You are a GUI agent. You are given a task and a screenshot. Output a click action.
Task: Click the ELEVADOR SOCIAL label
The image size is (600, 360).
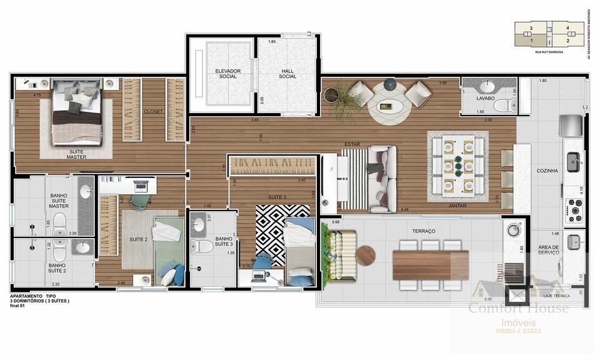point(227,74)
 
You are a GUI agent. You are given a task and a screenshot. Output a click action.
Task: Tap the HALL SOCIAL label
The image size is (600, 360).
point(287,74)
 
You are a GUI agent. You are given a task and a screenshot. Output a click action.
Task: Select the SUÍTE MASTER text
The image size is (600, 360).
point(76,154)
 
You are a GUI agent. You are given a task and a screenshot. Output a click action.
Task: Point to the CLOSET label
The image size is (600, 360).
point(153,112)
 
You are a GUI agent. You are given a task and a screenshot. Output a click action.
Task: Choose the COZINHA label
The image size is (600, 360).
point(547,171)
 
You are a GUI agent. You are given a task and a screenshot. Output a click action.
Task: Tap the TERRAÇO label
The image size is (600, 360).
point(424,231)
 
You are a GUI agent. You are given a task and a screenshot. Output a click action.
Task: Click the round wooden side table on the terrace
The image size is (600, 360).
point(366,255)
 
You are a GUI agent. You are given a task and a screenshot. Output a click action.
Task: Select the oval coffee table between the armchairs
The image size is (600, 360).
point(389,107)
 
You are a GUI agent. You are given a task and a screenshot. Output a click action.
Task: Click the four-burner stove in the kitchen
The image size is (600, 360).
point(573,211)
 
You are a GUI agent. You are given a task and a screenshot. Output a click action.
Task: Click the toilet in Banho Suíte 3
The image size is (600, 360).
point(203,246)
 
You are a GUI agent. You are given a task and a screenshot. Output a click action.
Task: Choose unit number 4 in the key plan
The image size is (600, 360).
point(567,28)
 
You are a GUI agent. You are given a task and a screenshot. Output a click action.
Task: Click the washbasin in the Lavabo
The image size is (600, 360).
point(487,87)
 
